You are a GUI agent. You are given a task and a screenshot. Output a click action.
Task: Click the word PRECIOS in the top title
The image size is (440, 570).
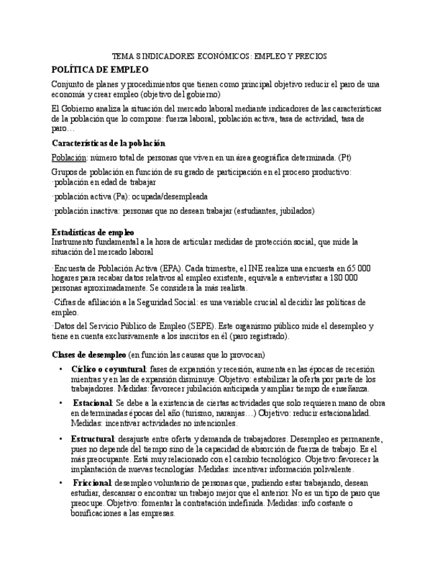[x=311, y=56]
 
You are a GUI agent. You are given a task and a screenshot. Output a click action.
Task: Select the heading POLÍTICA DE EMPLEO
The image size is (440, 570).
[x=100, y=69]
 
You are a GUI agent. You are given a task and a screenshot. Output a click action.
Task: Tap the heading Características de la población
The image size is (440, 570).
[x=108, y=143]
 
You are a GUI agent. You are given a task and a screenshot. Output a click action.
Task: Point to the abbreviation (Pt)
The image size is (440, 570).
[x=345, y=157]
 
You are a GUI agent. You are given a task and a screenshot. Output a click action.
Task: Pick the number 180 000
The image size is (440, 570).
[x=341, y=278]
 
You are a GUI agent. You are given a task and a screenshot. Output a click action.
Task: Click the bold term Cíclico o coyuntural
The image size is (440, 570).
[x=108, y=370]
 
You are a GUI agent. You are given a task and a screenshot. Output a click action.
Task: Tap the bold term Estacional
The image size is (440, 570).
[x=93, y=403]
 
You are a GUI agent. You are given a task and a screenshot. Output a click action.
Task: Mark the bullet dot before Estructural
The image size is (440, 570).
[x=61, y=439]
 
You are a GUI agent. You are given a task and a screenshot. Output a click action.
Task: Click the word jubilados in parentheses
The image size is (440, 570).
[x=296, y=211]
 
